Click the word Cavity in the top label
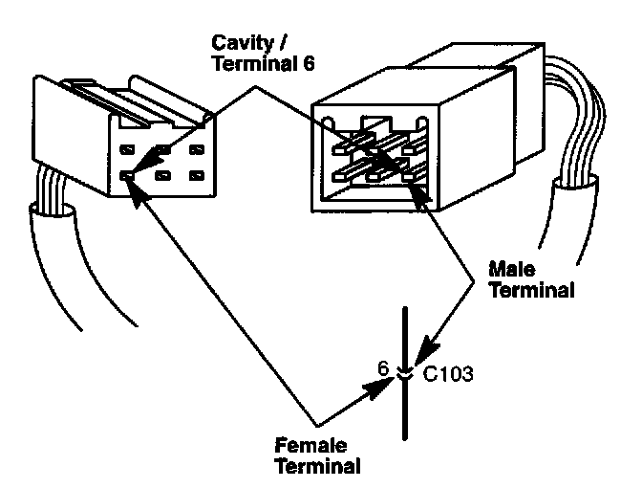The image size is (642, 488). click(x=241, y=44)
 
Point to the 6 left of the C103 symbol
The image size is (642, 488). click(x=383, y=366)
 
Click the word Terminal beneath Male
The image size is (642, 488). click(x=530, y=290)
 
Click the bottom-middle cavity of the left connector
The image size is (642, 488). click(x=163, y=175)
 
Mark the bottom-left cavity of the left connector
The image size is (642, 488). click(x=128, y=175)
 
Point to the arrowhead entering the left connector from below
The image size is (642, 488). click(x=135, y=186)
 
